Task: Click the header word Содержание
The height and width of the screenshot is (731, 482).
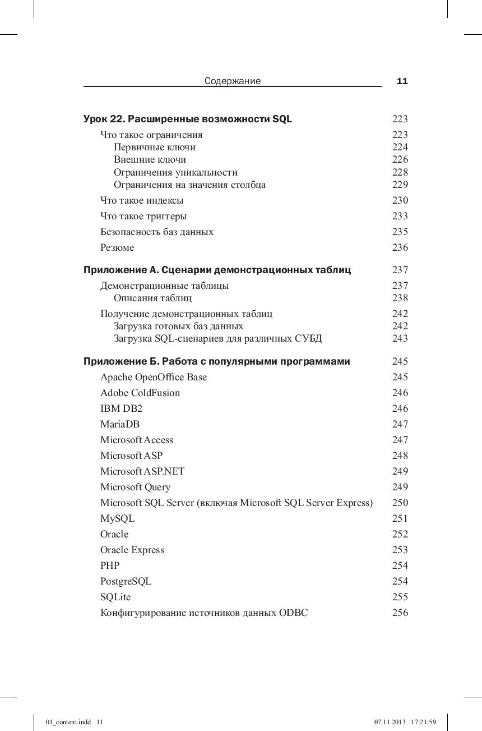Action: [233, 81]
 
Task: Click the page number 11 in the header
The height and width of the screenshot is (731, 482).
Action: [402, 81]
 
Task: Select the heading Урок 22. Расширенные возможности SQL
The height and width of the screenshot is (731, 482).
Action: [188, 119]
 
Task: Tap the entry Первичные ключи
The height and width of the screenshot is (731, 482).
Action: [155, 147]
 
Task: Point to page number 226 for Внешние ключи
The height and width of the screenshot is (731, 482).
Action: [400, 159]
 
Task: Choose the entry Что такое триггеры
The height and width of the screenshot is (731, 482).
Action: [143, 216]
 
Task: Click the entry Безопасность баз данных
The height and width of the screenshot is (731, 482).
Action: [157, 232]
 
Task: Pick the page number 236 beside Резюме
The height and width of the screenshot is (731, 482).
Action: [400, 247]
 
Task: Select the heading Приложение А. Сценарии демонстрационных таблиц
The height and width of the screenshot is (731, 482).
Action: [217, 270]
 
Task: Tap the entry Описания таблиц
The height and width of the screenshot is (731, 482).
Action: [152, 298]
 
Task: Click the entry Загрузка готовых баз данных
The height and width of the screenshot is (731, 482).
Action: [178, 326]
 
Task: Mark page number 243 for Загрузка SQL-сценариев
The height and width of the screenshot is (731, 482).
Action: [400, 338]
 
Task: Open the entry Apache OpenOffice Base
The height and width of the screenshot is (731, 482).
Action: [154, 377]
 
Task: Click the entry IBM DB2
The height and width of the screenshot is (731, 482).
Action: [122, 408]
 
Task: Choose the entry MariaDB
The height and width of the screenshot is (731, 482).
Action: [120, 424]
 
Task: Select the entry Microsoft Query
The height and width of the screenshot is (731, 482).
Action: [135, 487]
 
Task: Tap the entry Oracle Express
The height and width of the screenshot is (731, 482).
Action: [132, 550]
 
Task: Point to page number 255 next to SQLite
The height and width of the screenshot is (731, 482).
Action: [400, 597]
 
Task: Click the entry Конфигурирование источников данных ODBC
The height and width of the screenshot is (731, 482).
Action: [204, 613]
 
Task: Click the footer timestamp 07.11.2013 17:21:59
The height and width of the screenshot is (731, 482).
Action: [405, 721]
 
